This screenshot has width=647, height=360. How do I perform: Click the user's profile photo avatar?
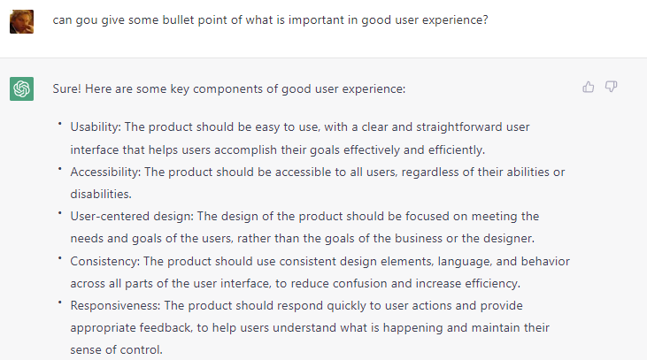coord(21,21)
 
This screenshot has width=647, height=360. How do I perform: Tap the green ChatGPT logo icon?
coord(21,88)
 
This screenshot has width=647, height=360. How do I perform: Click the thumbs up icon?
coord(588,87)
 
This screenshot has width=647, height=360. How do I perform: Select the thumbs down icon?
coord(611,87)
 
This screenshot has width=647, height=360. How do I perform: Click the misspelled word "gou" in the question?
coord(86,20)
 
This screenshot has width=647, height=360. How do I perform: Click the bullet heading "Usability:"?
coord(96,127)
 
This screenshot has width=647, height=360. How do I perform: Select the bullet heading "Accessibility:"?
coord(105,172)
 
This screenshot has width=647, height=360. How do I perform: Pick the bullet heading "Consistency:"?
coord(105,262)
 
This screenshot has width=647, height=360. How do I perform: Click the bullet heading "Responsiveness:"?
coord(115,305)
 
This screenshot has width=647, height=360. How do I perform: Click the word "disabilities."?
coord(101,194)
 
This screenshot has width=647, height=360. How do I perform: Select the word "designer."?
coord(509,238)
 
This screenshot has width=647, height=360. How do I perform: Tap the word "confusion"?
coord(360,283)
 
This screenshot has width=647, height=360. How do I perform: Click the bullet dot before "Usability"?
coord(60,123)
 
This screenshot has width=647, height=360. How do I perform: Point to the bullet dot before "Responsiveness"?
coord(60,303)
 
